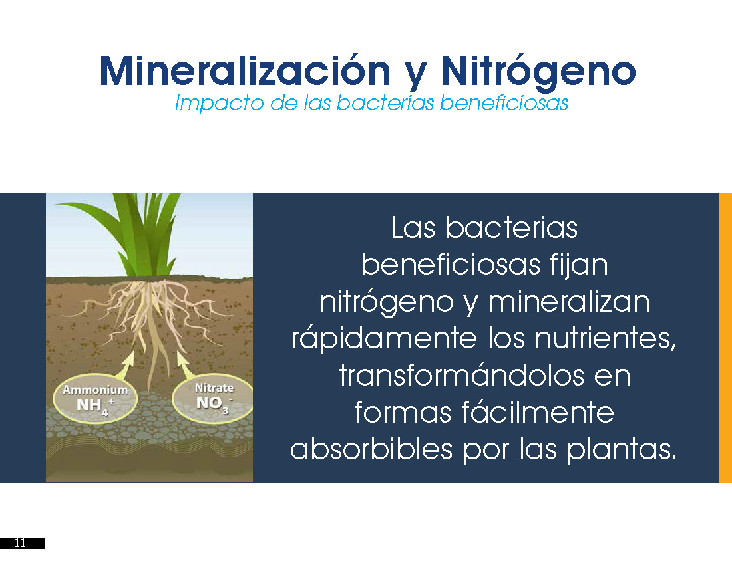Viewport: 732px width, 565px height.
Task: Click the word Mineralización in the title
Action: [245, 71]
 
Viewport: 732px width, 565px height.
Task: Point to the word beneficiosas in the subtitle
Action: [504, 102]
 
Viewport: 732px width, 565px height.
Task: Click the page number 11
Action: [20, 543]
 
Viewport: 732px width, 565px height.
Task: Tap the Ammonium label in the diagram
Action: [95, 390]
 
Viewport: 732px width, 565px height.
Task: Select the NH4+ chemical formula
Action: [95, 405]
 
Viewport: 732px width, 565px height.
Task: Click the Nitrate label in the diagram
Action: [214, 388]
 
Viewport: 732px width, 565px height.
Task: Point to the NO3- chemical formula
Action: [214, 403]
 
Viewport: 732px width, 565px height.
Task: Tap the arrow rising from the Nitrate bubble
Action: [186, 366]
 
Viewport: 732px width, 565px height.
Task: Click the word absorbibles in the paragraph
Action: [371, 449]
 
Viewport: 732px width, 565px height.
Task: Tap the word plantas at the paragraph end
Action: [622, 450]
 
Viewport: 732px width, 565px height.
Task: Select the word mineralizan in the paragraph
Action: [568, 302]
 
